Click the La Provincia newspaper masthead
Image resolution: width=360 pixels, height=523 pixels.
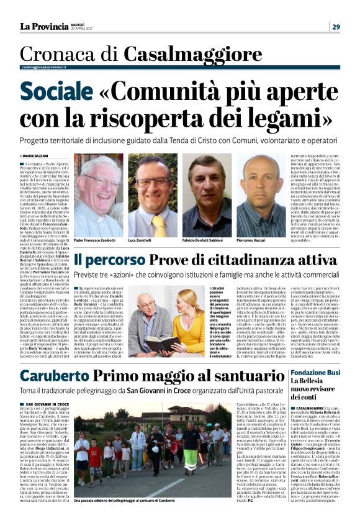click(x=44, y=26)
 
